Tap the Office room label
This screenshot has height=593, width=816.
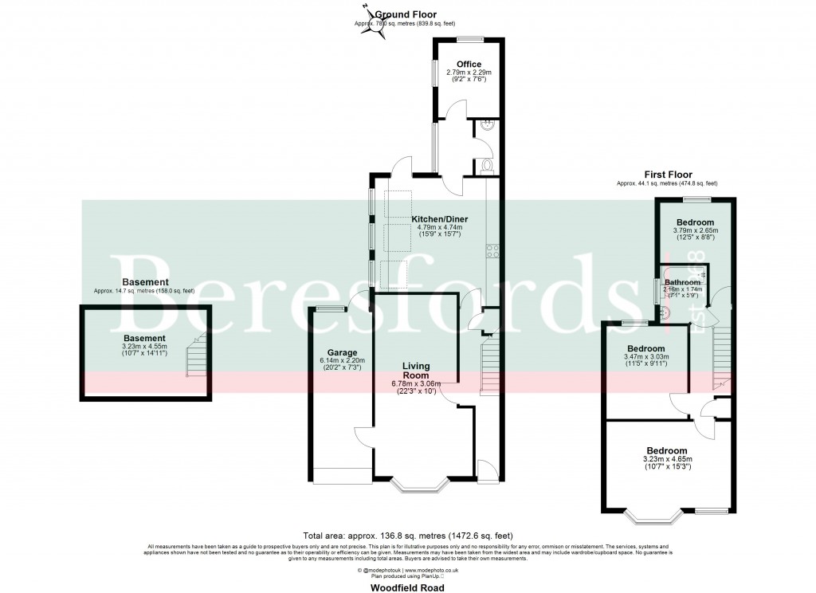click(469, 65)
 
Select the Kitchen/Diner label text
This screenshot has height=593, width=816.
click(439, 218)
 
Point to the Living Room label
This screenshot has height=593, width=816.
click(415, 370)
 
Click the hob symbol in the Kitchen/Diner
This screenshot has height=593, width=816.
click(492, 250)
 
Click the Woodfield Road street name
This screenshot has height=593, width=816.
click(407, 587)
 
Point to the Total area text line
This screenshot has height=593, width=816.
click(407, 535)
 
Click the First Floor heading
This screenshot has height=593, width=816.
click(668, 175)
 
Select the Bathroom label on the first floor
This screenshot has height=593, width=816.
click(683, 282)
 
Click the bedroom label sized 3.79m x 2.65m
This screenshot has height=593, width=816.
click(695, 222)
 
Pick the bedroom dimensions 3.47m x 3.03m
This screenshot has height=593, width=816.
click(645, 357)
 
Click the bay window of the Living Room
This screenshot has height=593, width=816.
click(422, 483)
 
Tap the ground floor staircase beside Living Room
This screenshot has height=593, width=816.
click(488, 366)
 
